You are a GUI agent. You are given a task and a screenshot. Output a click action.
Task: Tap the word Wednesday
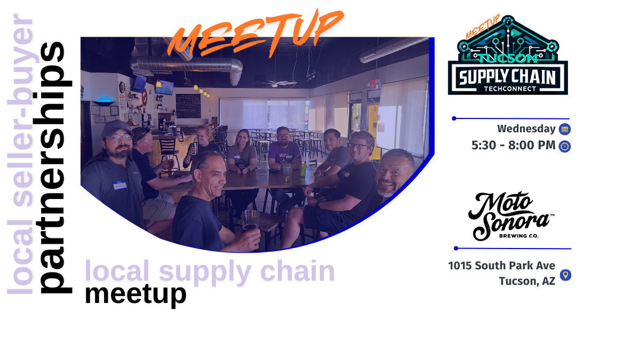pos(526,129)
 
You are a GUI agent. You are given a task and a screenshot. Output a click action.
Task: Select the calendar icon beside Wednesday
pos(565,129)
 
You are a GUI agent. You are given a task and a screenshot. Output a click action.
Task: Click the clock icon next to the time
pos(565,146)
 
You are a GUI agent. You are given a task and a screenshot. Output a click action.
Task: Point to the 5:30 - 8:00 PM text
pos(513,146)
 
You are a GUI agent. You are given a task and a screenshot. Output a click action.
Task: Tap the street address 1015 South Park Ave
pos(501,266)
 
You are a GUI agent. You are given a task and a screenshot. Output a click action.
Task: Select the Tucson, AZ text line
pos(527,281)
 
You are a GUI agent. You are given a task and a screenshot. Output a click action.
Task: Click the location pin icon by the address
pos(566,275)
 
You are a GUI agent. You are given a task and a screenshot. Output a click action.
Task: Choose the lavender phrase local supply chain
pos(210,271)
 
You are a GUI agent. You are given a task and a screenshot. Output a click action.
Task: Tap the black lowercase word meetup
pos(135,294)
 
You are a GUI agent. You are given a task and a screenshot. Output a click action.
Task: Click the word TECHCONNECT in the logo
pos(507,89)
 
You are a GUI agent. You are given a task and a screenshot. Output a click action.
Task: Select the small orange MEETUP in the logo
pos(482,27)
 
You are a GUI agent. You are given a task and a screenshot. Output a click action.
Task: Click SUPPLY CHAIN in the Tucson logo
pos(507,76)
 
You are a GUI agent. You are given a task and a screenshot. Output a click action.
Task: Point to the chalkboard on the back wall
pos(188,105)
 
